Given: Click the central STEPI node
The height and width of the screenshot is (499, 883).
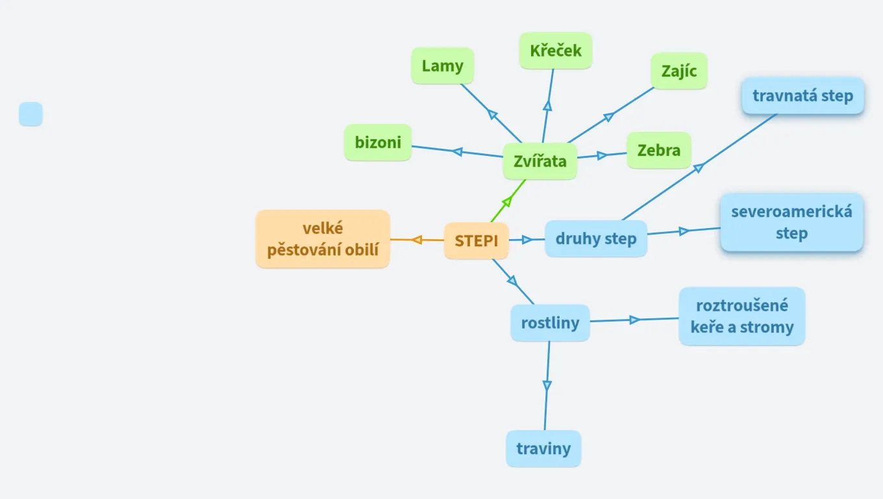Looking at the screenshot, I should (x=476, y=240).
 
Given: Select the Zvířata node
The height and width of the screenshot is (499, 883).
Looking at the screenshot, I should (x=540, y=161).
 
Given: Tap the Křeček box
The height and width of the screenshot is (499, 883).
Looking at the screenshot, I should (x=555, y=51).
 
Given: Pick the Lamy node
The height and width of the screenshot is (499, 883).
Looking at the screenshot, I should (x=442, y=66).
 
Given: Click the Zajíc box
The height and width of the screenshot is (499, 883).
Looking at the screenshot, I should (x=678, y=71).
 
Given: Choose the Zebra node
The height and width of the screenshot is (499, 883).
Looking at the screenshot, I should (x=658, y=150).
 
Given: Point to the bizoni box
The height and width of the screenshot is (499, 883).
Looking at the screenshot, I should (x=378, y=142).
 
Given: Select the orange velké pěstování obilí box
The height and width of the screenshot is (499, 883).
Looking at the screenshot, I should (x=323, y=238).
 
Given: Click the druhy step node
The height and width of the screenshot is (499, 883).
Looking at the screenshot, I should (x=595, y=238).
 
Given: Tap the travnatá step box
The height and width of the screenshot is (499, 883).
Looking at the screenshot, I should (x=802, y=96).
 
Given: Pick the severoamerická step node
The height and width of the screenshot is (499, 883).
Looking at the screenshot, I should (x=791, y=222).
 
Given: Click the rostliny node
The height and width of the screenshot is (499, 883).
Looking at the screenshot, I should (x=550, y=323).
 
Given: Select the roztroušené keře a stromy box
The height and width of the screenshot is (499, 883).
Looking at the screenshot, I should (x=741, y=316).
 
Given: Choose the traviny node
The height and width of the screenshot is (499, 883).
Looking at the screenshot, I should (x=543, y=448).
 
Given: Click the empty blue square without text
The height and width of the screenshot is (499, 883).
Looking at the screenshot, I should (x=31, y=114).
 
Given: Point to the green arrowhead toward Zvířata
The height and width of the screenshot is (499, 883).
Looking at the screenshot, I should (x=507, y=201).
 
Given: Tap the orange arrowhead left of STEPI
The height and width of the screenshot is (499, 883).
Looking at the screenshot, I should (x=417, y=240).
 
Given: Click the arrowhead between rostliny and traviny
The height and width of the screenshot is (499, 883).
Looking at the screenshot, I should (x=547, y=385).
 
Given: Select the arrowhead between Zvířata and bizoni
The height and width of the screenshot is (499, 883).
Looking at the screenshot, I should (x=457, y=152).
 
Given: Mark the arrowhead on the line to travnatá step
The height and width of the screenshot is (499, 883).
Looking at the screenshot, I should (x=698, y=168).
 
